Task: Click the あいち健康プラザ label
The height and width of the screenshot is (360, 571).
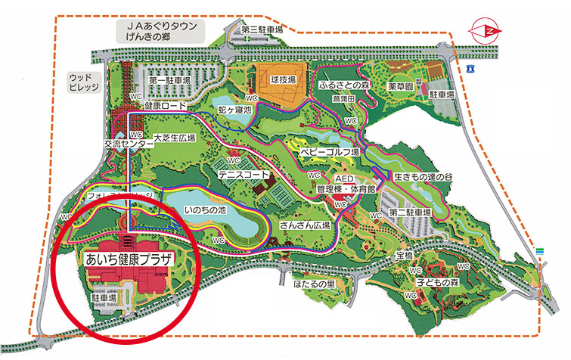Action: (126, 258)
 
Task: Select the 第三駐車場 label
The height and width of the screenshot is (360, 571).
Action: (261, 29)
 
